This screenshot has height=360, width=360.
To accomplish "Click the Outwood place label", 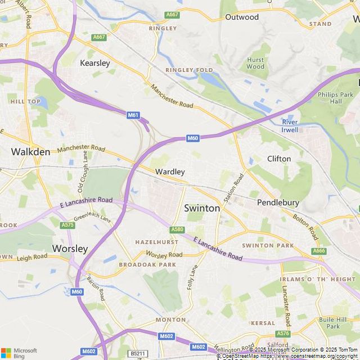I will [242, 17].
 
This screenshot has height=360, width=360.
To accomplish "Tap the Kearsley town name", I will [95, 63].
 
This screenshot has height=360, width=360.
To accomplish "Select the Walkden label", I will [30, 151].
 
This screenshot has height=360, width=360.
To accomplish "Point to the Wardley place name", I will [170, 172].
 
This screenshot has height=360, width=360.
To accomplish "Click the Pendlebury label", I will [278, 202].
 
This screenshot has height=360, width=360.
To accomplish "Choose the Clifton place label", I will [279, 159].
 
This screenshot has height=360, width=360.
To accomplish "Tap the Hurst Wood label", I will [255, 63].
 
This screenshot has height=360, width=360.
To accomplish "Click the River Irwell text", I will [290, 126].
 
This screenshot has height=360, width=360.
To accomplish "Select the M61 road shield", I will [133, 115].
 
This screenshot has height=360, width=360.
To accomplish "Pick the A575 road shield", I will [67, 225].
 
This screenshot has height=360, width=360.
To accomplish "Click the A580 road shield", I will [177, 229].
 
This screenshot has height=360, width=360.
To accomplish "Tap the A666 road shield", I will [319, 251].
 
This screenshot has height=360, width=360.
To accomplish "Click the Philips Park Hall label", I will [336, 98].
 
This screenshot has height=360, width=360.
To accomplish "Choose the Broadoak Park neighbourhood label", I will [147, 264].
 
